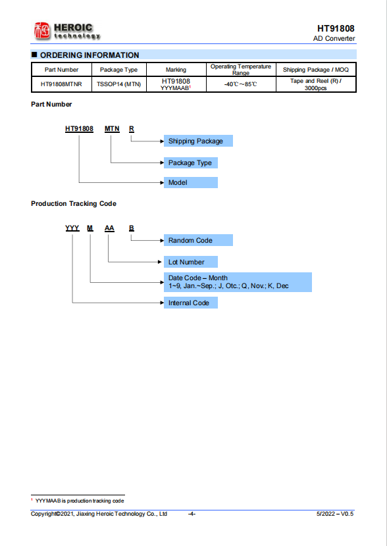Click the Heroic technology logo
67,31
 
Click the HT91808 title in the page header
336,28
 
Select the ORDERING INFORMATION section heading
90,55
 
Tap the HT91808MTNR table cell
61,84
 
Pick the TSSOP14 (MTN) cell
118,84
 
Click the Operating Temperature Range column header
241,69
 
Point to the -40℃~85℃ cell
241,84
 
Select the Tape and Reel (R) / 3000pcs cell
316,84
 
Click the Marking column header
176,70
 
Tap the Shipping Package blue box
198,141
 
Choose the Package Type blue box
191,162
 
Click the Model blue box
191,182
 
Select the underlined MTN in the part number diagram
112,129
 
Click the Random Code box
198,240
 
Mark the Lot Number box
191,262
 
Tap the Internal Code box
191,303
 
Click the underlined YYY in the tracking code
72,228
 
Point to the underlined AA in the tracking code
109,228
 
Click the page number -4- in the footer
192,514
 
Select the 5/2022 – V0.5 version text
335,514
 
